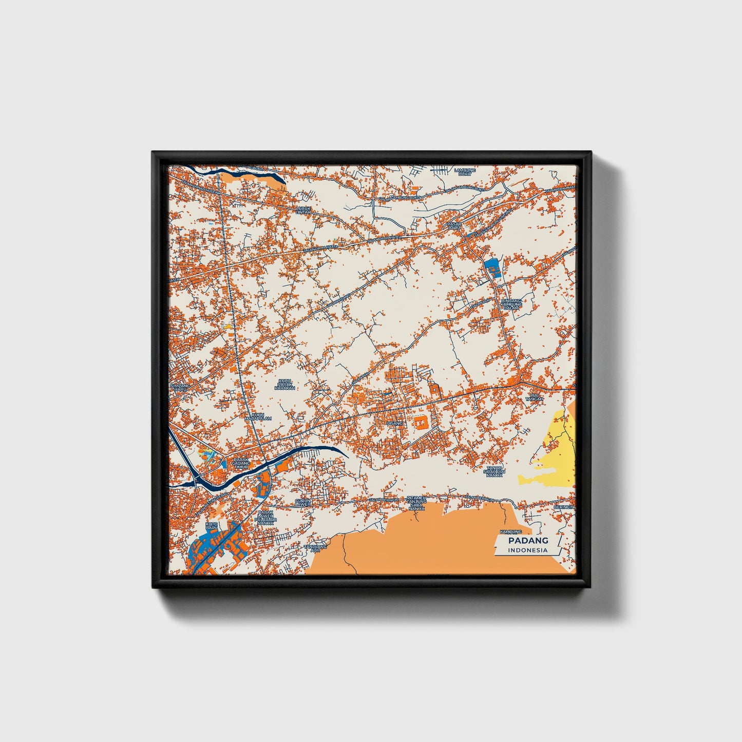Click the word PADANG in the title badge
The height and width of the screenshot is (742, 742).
[528, 540]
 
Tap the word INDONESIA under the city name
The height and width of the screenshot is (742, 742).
[528, 550]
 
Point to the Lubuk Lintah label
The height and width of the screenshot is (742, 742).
[303, 210]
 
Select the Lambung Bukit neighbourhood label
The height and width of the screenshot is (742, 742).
[465, 172]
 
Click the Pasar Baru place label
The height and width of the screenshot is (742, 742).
[453, 226]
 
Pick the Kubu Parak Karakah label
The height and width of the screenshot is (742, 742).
[284, 385]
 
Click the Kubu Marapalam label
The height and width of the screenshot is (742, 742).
[258, 416]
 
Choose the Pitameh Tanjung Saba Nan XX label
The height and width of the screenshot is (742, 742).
[416, 503]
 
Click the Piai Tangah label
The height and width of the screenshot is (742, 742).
[531, 396]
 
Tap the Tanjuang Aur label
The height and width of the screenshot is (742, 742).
[315, 548]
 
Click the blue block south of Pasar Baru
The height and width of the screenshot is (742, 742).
[492, 268]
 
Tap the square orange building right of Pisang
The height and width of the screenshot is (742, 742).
[420, 424]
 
